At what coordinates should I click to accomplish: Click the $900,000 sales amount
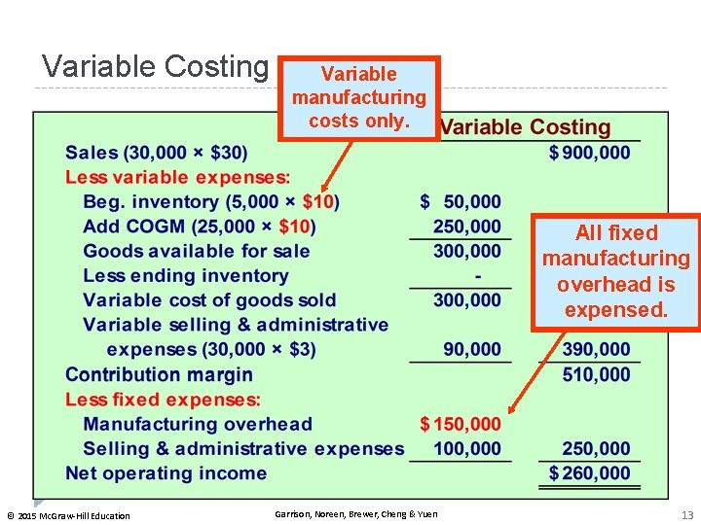[590, 153]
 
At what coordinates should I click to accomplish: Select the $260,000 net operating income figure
[590, 473]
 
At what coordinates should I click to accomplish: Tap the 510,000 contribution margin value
[596, 374]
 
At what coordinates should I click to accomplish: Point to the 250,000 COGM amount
[467, 227]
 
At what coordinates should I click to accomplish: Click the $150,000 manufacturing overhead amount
[461, 424]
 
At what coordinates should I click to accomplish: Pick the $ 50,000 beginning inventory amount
[461, 202]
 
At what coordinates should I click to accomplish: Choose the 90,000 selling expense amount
[472, 350]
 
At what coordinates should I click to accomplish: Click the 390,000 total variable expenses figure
[596, 350]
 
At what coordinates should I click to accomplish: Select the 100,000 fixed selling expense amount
[467, 449]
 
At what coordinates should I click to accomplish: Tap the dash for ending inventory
[477, 276]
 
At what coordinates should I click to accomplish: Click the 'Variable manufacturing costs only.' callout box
[359, 97]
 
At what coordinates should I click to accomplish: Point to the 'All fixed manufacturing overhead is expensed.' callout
[615, 271]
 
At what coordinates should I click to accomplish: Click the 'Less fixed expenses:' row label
[163, 400]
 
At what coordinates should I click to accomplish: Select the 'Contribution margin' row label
[159, 374]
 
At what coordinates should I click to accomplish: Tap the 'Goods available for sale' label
[197, 251]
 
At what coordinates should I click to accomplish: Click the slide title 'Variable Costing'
[155, 66]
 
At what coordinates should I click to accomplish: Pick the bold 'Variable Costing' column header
[526, 127]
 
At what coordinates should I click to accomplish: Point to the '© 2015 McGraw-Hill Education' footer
[68, 515]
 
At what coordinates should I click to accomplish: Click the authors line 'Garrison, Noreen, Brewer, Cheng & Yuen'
[356, 514]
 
